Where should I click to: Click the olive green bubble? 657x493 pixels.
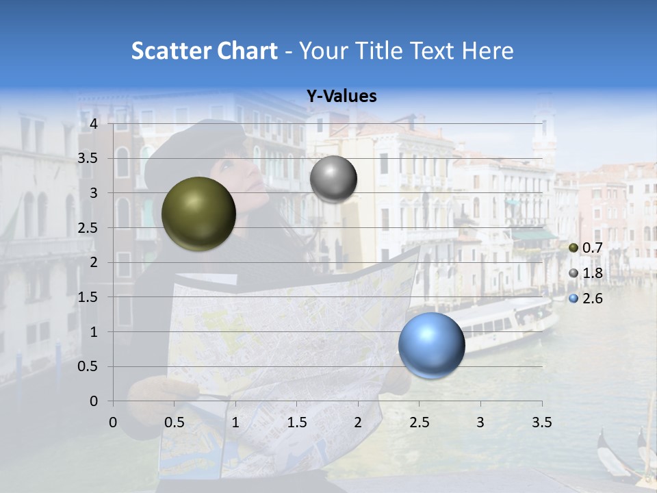tap(198, 214)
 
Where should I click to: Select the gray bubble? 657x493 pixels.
tap(333, 179)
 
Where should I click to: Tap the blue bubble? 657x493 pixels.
tap(431, 345)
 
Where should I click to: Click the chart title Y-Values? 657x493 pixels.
tap(342, 97)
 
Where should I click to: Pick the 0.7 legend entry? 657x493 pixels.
tap(586, 248)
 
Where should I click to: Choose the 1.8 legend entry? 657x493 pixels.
tap(586, 273)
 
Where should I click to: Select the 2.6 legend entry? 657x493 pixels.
tap(586, 299)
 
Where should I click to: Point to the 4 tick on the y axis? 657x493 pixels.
tap(94, 124)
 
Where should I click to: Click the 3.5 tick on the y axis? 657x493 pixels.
tap(88, 159)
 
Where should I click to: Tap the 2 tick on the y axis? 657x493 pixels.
tap(94, 262)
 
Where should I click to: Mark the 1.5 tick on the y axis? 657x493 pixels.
tap(88, 297)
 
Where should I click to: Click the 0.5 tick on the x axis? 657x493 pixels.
tap(175, 422)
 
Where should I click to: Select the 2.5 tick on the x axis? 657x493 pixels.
tap(420, 422)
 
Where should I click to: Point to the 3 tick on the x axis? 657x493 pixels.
tap(480, 422)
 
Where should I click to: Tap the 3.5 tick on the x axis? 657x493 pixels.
tap(541, 422)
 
